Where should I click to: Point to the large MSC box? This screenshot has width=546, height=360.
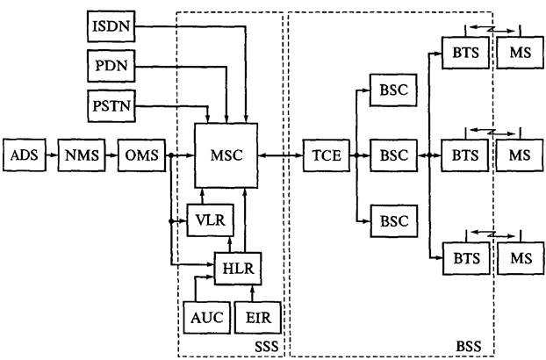[x=226, y=155]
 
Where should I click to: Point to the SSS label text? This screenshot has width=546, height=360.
[x=266, y=348]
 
